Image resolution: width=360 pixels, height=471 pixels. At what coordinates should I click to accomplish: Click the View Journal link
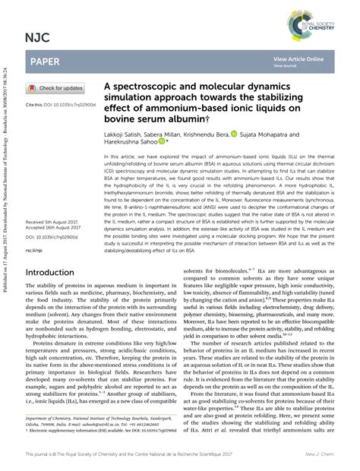(x=286, y=66)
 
